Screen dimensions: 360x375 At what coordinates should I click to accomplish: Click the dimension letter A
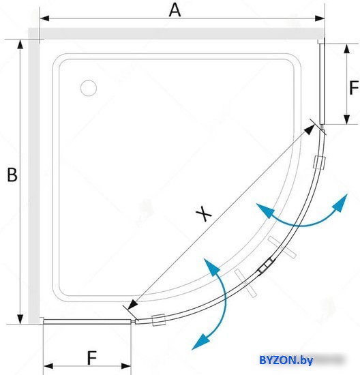click(175, 10)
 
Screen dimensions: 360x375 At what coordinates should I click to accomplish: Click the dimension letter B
click(12, 175)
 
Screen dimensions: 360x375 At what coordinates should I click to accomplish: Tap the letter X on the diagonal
click(204, 213)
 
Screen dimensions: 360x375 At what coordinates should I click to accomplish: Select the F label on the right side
click(354, 88)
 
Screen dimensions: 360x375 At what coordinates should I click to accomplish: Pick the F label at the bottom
click(92, 358)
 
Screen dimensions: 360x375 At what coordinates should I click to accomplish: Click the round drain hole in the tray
click(89, 88)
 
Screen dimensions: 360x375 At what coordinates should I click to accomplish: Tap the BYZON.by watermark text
click(286, 360)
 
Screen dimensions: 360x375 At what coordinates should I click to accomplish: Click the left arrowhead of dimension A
click(44, 18)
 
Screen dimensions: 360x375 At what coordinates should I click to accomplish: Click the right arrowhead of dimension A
click(320, 18)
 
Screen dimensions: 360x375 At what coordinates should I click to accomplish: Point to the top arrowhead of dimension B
click(20, 44)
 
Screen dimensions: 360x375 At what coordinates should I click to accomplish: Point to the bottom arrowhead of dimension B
click(20, 319)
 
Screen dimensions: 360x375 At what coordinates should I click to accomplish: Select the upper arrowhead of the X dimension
click(310, 129)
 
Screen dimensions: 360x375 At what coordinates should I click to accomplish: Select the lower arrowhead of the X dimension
click(133, 305)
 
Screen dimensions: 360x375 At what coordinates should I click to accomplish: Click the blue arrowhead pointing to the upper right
click(341, 202)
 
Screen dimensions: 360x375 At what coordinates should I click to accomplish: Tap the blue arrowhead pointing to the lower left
click(200, 342)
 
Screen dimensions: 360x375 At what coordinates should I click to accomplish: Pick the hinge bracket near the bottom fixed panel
click(159, 320)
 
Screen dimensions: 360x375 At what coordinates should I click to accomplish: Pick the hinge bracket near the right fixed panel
click(319, 162)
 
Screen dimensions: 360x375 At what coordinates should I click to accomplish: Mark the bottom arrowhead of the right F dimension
click(346, 119)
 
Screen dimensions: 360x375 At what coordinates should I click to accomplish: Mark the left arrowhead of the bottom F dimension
click(48, 366)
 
